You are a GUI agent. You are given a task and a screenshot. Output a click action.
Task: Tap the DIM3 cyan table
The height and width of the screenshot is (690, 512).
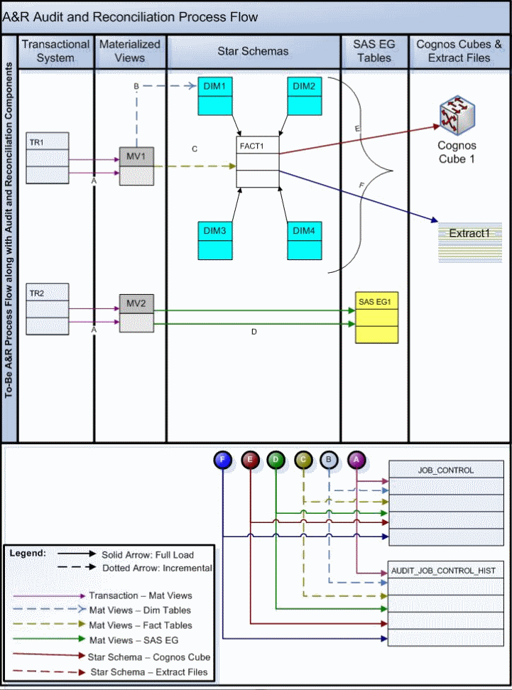(x=215, y=239)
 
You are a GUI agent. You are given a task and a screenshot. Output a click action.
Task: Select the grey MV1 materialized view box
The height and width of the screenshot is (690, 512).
(x=136, y=166)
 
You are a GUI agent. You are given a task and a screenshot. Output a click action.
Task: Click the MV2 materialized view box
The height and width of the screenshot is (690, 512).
(x=136, y=313)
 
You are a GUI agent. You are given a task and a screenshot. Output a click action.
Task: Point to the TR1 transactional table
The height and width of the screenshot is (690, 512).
(x=48, y=158)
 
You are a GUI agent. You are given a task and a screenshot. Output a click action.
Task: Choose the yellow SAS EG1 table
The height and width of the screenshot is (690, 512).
(x=376, y=318)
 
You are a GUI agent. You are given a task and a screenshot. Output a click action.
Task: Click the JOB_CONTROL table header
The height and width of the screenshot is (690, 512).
(x=446, y=470)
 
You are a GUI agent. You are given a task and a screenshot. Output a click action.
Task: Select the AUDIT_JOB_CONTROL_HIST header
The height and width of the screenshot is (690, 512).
(x=446, y=571)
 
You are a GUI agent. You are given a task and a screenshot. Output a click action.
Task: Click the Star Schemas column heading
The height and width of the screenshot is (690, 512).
(x=254, y=51)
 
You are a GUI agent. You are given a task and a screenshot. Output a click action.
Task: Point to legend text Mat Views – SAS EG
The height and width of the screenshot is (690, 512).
(x=132, y=641)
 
